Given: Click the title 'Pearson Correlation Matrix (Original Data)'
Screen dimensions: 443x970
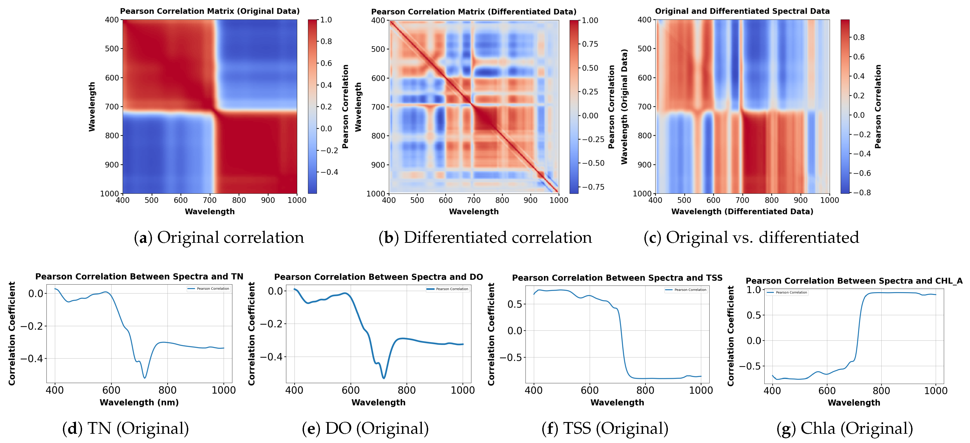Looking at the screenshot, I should click(x=210, y=11).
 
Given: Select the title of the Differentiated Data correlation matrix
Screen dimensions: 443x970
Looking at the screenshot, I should click(x=474, y=12).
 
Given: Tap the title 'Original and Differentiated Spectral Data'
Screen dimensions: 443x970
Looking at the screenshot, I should click(x=742, y=11).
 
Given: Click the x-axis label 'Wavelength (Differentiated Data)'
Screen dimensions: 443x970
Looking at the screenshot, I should click(x=742, y=211).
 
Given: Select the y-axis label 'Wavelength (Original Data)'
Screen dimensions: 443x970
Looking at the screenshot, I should click(x=624, y=106).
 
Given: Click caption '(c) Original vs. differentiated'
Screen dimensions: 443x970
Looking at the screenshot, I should click(x=751, y=237).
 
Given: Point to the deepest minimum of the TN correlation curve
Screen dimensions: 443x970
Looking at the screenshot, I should click(x=145, y=378).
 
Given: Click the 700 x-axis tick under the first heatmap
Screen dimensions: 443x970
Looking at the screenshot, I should click(x=210, y=200).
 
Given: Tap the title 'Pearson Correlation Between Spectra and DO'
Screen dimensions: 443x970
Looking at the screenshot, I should click(x=378, y=277).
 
